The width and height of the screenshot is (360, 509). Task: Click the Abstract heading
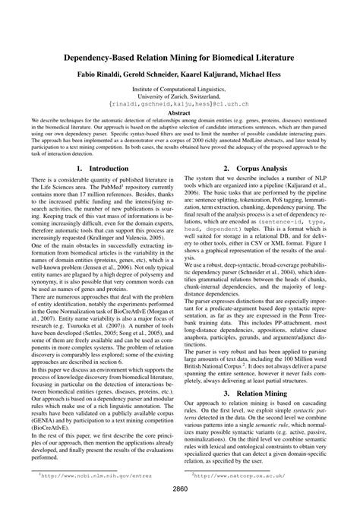(x=179, y=113)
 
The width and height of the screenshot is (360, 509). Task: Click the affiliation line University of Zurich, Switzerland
(x=180, y=96)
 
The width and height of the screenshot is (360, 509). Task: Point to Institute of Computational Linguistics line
(x=180, y=89)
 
